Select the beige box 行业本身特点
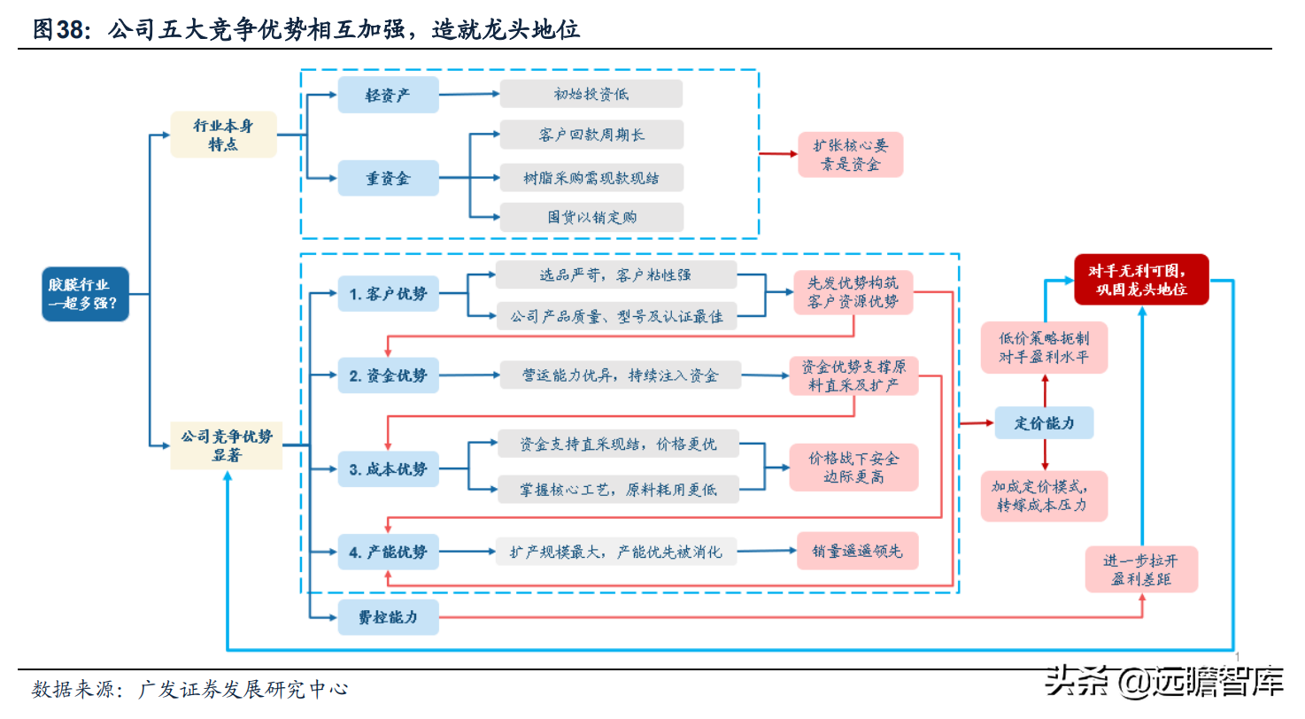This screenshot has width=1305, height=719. tap(224, 135)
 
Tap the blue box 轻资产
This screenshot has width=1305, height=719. tap(388, 95)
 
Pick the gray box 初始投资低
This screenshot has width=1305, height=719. tap(591, 94)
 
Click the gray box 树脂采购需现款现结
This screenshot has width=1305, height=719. tap(591, 177)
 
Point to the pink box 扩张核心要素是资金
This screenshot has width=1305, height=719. tap(850, 155)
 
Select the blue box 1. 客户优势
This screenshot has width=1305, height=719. tap(388, 294)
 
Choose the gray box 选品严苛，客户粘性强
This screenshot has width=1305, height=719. tap(615, 275)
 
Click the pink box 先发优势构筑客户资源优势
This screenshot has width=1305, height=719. tap(853, 293)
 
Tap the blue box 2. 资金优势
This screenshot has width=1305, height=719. tap(388, 376)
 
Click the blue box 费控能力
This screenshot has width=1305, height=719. tap(388, 617)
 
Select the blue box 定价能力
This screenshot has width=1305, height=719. tap(1044, 423)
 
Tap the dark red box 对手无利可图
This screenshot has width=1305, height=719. tap(1140, 279)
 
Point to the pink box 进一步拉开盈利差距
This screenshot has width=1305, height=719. tap(1142, 569)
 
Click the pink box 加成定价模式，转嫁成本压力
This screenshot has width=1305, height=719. tap(1044, 496)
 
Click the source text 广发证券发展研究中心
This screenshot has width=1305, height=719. tap(243, 689)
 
